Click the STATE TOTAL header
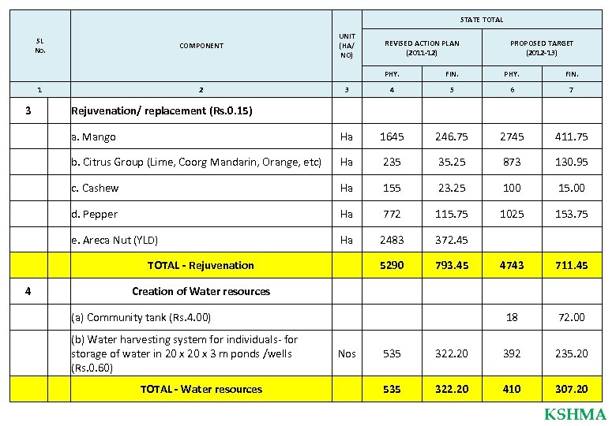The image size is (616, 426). [x=481, y=20]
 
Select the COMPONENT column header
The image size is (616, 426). [x=201, y=46]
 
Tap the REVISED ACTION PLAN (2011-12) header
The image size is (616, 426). [x=421, y=47]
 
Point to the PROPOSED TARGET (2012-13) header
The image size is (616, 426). [x=541, y=47]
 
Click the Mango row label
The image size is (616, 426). [x=93, y=137]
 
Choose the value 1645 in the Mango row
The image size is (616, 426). [x=391, y=136]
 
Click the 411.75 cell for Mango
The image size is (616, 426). [x=571, y=136]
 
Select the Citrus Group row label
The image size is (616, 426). [x=196, y=163]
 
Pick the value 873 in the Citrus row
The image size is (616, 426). [x=512, y=163]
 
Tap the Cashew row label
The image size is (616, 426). [x=95, y=189]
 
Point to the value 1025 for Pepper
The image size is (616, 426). [x=512, y=214]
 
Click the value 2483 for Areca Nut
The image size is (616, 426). [x=391, y=240]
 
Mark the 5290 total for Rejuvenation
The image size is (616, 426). [x=391, y=265]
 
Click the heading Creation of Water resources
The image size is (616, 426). [x=201, y=291]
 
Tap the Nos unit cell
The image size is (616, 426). [x=346, y=353]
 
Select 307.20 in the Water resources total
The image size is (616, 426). [x=571, y=389]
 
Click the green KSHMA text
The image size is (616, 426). [x=575, y=414]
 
